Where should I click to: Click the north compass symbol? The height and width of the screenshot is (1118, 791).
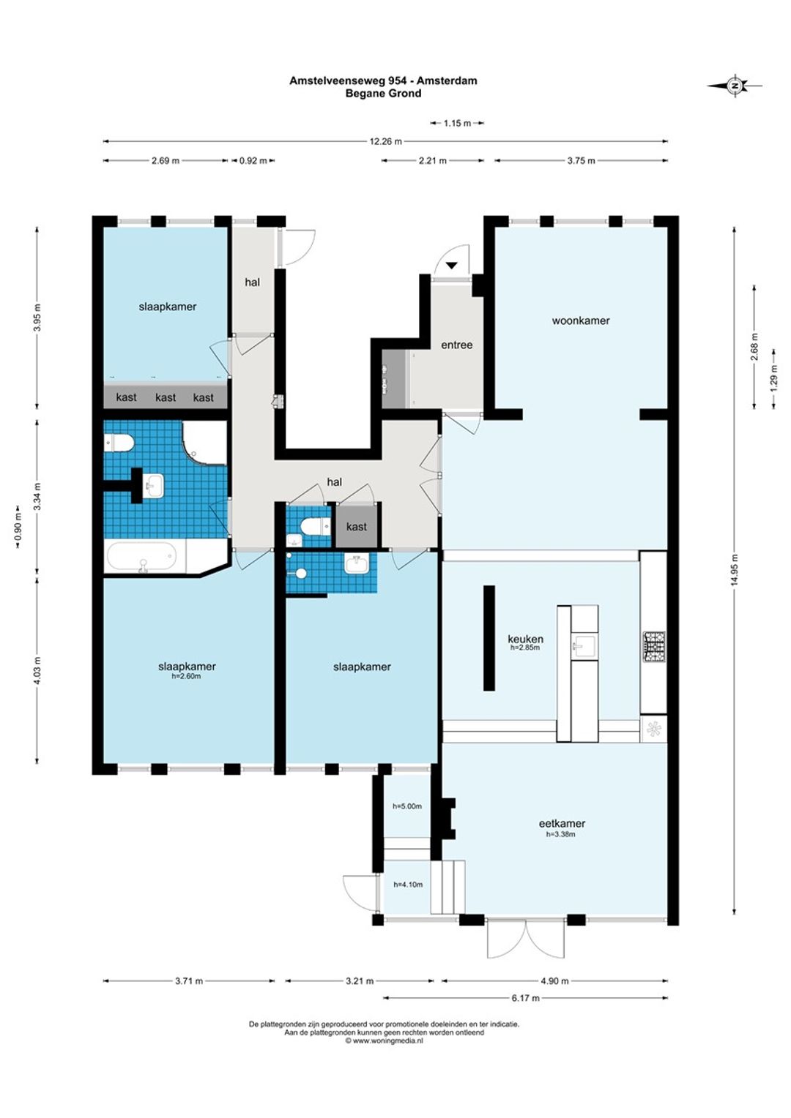click(735, 86)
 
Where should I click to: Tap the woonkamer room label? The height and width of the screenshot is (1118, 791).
click(581, 320)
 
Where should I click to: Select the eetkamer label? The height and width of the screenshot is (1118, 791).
click(562, 824)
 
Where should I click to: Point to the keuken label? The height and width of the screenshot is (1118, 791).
click(525, 639)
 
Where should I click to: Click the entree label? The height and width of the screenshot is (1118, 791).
click(457, 345)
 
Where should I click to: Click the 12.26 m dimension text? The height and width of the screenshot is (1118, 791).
click(386, 141)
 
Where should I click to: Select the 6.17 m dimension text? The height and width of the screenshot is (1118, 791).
click(526, 998)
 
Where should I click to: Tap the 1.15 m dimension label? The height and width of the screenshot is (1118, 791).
click(457, 123)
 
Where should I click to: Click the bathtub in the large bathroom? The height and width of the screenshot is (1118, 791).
click(142, 557)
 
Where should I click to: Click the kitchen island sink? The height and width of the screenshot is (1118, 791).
click(584, 648)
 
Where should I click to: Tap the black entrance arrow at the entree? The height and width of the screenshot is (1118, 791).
click(452, 266)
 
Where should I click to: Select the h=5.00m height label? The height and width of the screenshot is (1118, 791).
click(407, 806)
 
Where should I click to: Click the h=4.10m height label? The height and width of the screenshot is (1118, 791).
click(408, 885)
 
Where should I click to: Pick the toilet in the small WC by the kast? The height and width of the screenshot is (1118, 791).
click(315, 526)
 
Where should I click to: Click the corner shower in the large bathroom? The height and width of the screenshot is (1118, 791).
click(204, 442)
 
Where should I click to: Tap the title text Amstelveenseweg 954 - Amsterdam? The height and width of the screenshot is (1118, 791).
click(383, 80)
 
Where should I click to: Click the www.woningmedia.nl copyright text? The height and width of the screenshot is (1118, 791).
click(384, 1040)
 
